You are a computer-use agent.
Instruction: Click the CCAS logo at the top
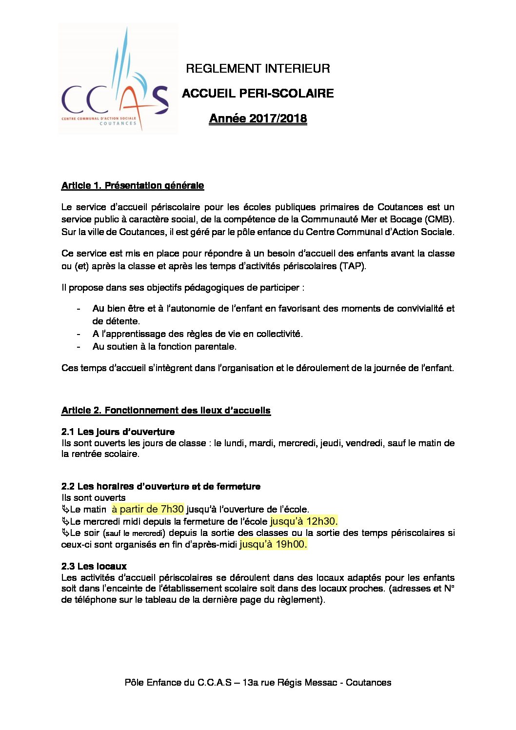click(x=117, y=79)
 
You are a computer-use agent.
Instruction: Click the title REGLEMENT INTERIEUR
click(x=258, y=69)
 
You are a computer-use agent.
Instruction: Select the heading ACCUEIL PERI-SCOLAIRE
click(x=258, y=94)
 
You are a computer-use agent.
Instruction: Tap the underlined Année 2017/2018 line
click(x=258, y=118)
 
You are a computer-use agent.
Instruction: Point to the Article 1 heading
click(x=133, y=186)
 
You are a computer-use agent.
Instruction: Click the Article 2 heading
click(x=166, y=411)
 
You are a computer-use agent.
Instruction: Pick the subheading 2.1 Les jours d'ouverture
click(x=118, y=432)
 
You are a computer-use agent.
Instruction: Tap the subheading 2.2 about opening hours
click(x=161, y=487)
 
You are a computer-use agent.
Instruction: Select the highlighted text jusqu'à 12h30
click(x=304, y=521)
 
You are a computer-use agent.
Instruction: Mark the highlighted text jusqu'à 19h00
click(x=273, y=545)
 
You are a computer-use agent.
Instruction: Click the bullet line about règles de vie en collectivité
click(x=198, y=334)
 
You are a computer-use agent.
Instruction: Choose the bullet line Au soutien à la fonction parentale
click(x=164, y=347)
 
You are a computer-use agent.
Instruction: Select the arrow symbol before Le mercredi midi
click(x=65, y=521)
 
